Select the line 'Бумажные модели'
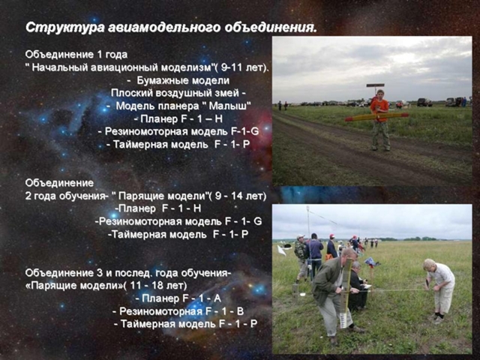[183, 80]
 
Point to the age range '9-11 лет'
[242, 67]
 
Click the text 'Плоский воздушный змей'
[175, 93]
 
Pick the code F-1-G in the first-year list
[245, 132]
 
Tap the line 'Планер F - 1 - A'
[181, 298]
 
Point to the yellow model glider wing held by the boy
[376, 117]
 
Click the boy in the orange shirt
[380, 120]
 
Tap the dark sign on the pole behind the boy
[375, 85]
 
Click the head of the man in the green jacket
[349, 256]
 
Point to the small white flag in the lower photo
[281, 250]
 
